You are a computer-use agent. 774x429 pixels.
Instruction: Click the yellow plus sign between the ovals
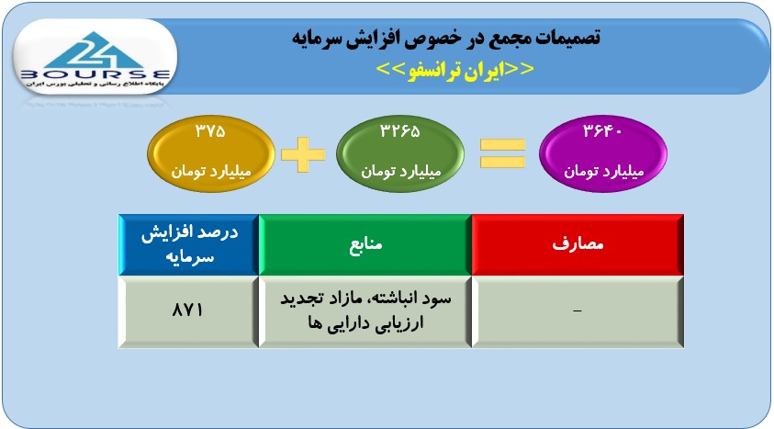coord(303,154)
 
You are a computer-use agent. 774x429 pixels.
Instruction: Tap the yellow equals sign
coord(502,153)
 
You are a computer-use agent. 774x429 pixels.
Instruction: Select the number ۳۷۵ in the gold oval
coord(211,131)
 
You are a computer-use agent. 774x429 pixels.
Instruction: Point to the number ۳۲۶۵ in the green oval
coord(399,131)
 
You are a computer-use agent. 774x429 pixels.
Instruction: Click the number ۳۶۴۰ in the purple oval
coord(602,131)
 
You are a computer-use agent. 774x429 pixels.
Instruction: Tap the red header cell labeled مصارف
coord(578,244)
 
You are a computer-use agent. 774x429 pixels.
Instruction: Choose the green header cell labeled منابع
coord(365,244)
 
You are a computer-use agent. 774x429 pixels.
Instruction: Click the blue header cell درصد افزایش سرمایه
coord(189,244)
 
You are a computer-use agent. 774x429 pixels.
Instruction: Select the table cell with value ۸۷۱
coord(189,311)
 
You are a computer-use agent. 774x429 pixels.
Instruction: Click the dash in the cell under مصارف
coord(577,311)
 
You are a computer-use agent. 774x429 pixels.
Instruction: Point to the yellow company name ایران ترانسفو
coord(455,70)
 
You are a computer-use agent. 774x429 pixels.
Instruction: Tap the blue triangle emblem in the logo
coord(95,50)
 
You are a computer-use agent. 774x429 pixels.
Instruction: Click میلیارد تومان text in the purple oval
coord(604,171)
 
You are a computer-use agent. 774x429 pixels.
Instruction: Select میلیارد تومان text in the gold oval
coord(211,171)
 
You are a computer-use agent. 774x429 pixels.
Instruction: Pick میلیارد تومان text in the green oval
coord(400,171)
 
